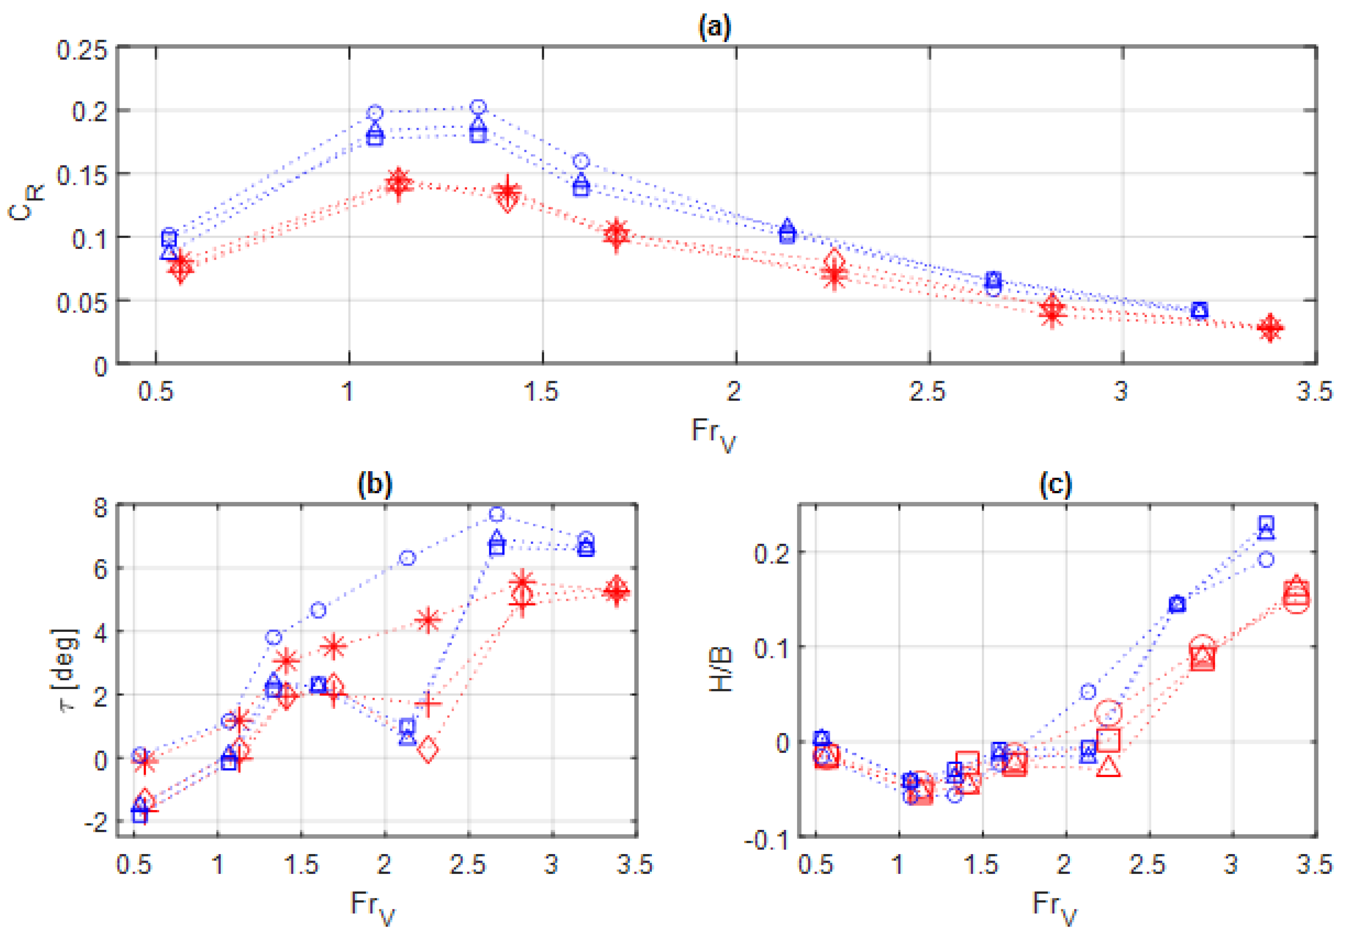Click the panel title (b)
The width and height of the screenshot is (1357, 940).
pyautogui.click(x=375, y=484)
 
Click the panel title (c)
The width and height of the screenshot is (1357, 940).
pyautogui.click(x=1055, y=484)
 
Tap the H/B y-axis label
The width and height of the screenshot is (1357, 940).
pyautogui.click(x=720, y=670)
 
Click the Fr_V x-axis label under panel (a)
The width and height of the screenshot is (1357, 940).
pyautogui.click(x=713, y=434)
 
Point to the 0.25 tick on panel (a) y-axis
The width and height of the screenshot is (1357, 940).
pyautogui.click(x=82, y=51)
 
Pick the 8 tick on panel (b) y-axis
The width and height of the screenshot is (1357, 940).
pyautogui.click(x=100, y=508)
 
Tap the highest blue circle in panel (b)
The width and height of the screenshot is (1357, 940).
pyautogui.click(x=497, y=514)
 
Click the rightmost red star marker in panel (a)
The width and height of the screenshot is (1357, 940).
pyautogui.click(x=1270, y=328)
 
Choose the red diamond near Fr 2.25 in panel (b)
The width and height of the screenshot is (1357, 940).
pyautogui.click(x=428, y=750)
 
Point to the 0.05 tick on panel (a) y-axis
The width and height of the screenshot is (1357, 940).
pyautogui.click(x=82, y=304)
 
